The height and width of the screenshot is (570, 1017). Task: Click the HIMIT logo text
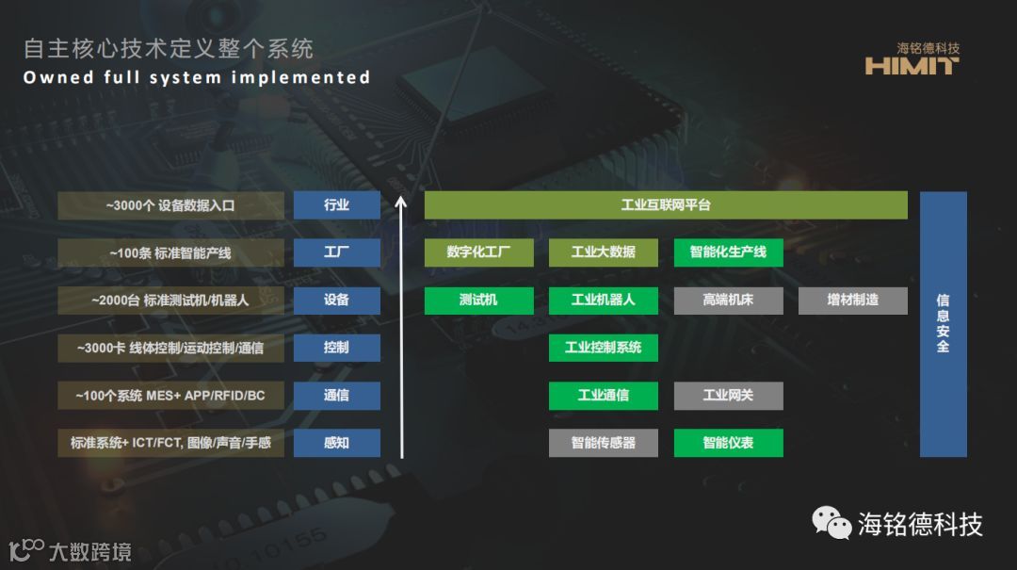point(911,66)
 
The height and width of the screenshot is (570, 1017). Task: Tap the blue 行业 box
point(336,205)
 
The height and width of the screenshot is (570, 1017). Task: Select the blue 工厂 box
point(336,252)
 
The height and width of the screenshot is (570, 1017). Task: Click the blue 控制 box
point(336,348)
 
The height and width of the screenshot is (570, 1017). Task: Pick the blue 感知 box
point(336,443)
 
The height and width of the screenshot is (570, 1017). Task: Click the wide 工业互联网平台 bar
point(665,205)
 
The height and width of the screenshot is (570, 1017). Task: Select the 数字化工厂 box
point(478,252)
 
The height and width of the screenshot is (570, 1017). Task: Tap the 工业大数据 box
point(603,252)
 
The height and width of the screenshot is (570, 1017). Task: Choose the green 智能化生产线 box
point(728,252)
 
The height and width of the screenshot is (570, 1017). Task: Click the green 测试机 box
point(478,301)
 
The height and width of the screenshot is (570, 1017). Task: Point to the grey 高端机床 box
point(728,301)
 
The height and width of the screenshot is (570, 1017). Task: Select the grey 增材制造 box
point(853,301)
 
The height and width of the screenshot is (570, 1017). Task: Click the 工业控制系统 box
point(603,348)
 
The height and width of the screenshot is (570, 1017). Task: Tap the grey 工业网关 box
point(728,396)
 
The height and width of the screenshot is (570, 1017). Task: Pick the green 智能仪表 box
point(728,443)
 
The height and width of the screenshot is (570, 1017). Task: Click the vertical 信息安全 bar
point(943,324)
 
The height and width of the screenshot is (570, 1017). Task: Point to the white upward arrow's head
point(402,200)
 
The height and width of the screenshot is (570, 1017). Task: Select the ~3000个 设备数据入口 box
point(170,205)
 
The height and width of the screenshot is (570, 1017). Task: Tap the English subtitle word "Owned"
point(54,77)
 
